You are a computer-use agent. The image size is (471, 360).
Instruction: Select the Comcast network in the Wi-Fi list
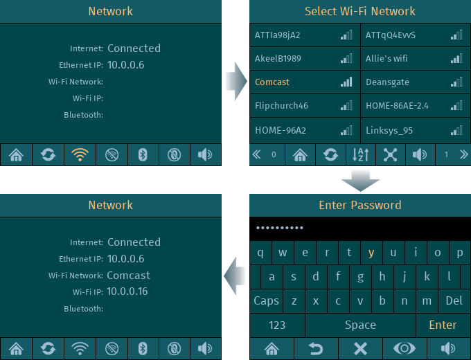272,82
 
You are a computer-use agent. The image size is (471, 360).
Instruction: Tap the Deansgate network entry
387,82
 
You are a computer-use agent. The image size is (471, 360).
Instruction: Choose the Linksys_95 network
389,131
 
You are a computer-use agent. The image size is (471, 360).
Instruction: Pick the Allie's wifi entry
386,58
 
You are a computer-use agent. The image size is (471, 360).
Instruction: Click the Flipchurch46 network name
281,106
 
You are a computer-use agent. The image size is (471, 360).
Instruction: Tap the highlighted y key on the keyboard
371,253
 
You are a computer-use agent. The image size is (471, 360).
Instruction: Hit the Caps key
266,300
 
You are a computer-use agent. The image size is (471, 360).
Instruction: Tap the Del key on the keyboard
454,300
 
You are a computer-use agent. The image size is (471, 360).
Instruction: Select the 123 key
277,325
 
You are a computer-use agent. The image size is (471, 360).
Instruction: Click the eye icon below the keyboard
405,349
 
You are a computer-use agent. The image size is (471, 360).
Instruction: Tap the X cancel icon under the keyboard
360,349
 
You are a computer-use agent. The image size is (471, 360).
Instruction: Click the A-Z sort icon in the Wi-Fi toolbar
360,154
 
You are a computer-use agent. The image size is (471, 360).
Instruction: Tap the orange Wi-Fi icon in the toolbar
80,154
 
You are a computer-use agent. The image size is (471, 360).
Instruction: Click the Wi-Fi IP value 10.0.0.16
127,291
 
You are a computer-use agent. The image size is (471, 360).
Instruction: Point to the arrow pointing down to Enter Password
360,180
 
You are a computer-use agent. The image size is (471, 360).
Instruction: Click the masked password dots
279,228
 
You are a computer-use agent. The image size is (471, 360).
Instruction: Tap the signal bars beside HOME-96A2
346,130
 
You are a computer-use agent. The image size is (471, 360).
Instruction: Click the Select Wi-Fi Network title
360,11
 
